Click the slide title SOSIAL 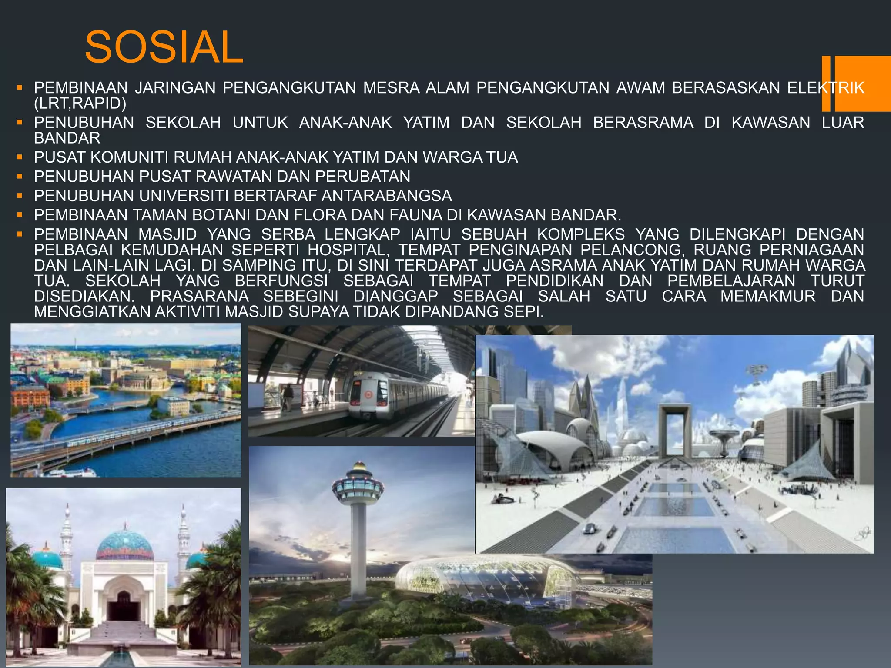(164, 47)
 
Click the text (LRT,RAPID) (80, 104)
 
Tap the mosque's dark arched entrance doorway (124, 606)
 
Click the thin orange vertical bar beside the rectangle (826, 83)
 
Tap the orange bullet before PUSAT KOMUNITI (20, 157)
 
